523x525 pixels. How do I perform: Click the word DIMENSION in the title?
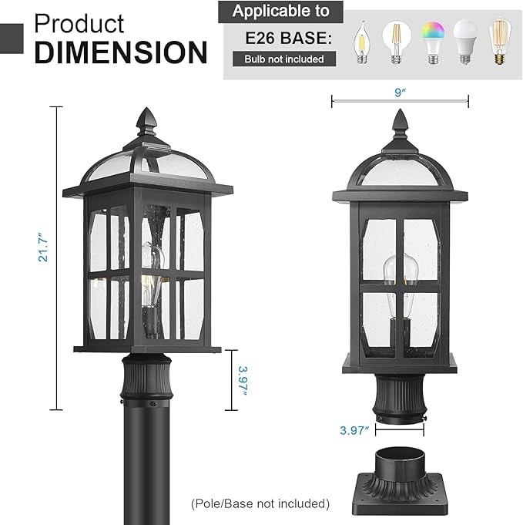tap(122, 52)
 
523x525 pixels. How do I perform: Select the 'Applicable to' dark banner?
tap(280, 12)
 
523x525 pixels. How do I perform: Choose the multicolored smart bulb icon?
tap(429, 45)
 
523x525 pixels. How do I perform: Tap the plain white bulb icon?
tap(464, 45)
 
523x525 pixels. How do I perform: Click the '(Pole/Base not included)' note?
tap(260, 503)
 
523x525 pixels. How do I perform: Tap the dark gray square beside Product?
tap(12, 36)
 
